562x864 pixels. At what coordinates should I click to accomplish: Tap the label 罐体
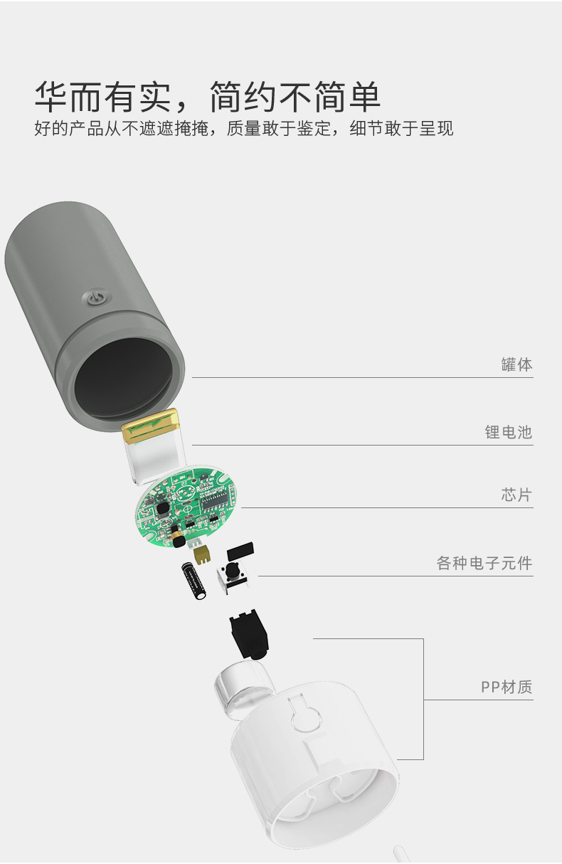pos(516,364)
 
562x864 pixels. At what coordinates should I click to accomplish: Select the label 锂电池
pos(509,432)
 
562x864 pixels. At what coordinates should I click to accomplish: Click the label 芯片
pos(516,495)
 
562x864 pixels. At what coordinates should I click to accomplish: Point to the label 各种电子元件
pos(484,563)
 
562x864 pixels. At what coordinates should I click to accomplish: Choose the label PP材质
pos(507,687)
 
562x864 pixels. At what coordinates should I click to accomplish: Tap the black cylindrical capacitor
pos(194,581)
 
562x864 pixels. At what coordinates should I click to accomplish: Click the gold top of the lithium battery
pos(151,426)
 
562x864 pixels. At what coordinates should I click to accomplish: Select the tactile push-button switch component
pos(233,576)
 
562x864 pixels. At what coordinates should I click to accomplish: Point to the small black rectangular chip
pos(240,551)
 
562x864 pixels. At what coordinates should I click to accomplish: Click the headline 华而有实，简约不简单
pos(208,96)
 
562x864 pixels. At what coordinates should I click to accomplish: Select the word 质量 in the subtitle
pos(243,128)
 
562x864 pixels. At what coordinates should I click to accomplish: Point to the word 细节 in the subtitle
pos(367,128)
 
